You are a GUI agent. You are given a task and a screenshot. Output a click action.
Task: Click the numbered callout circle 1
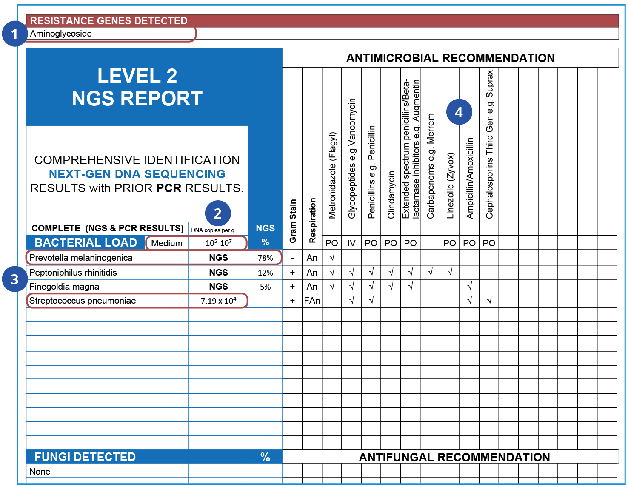coord(14,34)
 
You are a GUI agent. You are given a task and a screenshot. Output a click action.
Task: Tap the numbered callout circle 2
coord(218,213)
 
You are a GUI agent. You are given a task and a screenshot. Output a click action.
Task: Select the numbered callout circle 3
coord(14,279)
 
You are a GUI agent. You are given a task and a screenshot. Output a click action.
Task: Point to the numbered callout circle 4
coord(459,112)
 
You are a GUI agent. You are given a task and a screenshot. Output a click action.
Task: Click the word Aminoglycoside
coord(61,34)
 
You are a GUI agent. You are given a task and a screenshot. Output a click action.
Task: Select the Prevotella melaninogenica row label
coord(81,258)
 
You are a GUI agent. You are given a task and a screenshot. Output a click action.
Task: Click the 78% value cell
coord(265,258)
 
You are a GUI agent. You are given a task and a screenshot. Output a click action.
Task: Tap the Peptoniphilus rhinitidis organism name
coord(73,273)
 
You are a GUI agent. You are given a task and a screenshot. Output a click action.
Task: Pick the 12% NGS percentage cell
coord(265,273)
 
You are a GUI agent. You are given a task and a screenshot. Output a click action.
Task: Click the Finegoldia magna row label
coord(64,287)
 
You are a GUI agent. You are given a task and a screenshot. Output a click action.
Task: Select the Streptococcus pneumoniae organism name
coord(83,301)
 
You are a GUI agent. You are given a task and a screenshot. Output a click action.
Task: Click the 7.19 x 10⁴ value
coord(218,301)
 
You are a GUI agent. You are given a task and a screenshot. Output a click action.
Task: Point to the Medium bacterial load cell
coord(167,243)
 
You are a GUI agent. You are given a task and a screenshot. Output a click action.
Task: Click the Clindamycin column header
coord(391,195)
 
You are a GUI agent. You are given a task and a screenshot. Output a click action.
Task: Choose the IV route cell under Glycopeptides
coord(351,243)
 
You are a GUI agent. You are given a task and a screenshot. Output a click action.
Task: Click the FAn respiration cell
coord(312,301)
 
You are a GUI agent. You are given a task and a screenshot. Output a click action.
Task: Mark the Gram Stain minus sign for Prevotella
coord(292,258)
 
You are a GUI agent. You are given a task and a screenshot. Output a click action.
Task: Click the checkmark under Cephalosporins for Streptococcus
coord(489,300)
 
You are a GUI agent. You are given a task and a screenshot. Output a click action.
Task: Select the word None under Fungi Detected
coord(40,472)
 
